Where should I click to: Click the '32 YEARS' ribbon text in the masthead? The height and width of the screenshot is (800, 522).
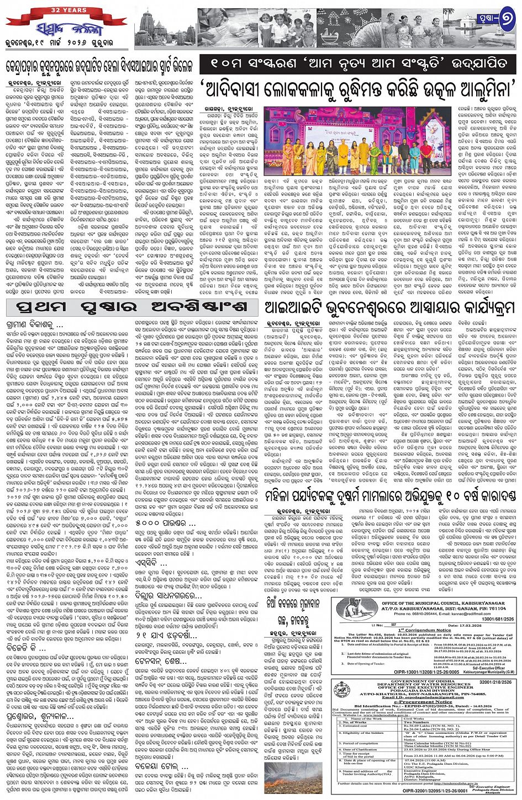(44, 10)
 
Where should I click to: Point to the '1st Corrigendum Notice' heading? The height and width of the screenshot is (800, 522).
(425, 630)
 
